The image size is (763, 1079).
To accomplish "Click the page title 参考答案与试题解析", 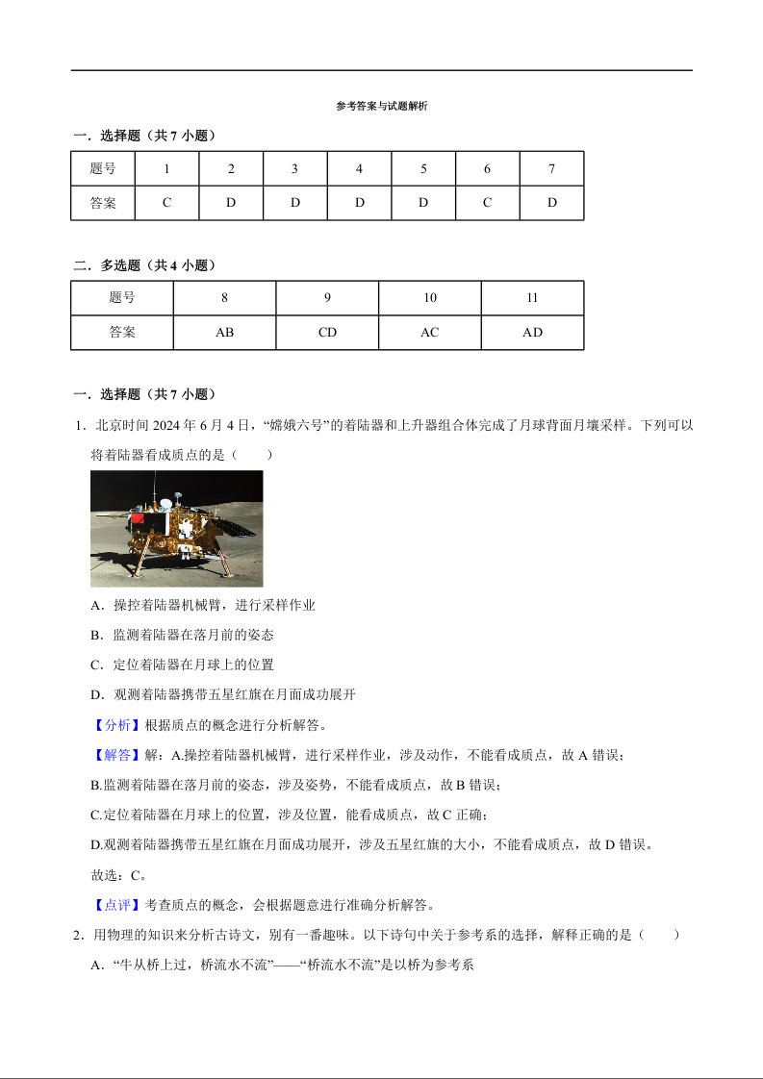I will [x=381, y=107].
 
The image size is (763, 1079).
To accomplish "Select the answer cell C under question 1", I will [x=166, y=203].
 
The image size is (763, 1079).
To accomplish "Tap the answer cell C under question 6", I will [x=487, y=203].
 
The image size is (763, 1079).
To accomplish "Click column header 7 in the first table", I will [x=551, y=169].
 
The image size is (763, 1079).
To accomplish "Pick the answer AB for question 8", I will [x=224, y=333].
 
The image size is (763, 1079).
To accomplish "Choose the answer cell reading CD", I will [x=327, y=333].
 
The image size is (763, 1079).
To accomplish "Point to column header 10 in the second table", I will [x=429, y=298].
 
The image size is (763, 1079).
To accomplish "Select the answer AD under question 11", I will [x=532, y=333].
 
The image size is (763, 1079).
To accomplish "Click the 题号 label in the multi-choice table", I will [x=122, y=298].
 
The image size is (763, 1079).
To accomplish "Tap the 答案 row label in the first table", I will [x=103, y=203].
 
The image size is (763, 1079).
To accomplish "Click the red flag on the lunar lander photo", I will [x=137, y=519].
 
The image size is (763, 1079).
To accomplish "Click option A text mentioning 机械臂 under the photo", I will [x=203, y=605].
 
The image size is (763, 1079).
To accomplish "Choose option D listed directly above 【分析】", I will [x=222, y=694].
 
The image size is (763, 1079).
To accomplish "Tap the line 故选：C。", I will [x=118, y=875].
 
